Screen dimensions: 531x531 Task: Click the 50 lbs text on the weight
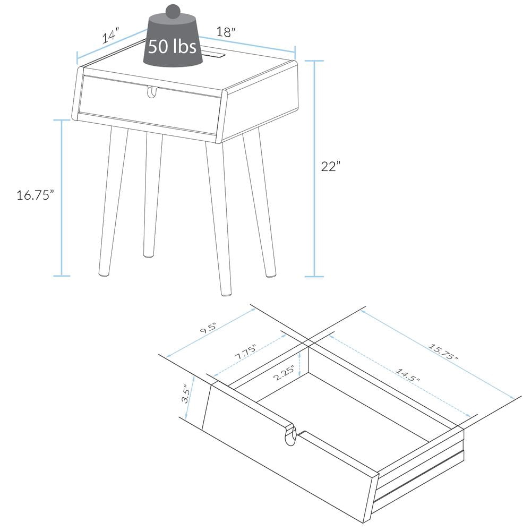tap(172, 46)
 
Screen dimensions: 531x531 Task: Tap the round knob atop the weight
tap(173, 11)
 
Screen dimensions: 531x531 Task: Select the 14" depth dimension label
tap(111, 36)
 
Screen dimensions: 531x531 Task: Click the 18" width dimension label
tap(226, 32)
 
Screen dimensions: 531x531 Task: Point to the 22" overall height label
tap(330, 166)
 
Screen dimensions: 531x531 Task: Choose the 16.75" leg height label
tap(36, 195)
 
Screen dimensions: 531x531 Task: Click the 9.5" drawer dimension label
tap(208, 328)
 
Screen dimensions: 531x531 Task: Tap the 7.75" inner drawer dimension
tap(245, 352)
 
